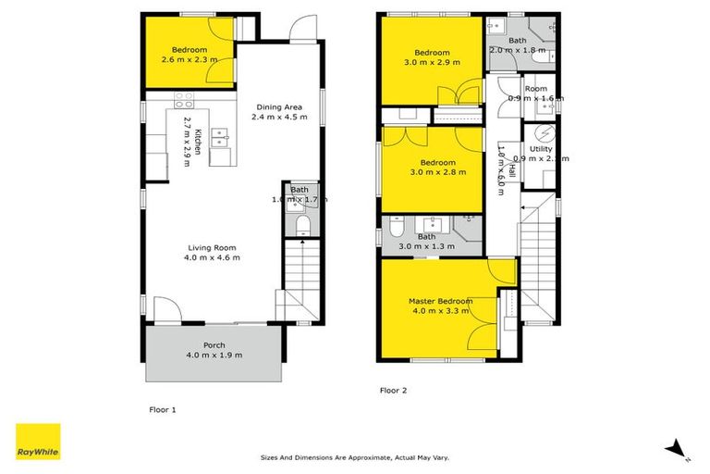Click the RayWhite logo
pyautogui.click(x=38, y=441)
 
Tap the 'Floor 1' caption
pyautogui.click(x=162, y=408)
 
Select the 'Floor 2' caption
pyautogui.click(x=393, y=391)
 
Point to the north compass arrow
pyautogui.click(x=678, y=448)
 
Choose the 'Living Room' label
pyautogui.click(x=214, y=247)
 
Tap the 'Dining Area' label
pyautogui.click(x=279, y=106)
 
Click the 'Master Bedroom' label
pyautogui.click(x=441, y=301)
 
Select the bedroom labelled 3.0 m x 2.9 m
pyautogui.click(x=432, y=52)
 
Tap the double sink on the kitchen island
pyautogui.click(x=219, y=138)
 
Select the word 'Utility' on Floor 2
pyautogui.click(x=541, y=149)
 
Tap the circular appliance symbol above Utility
pyautogui.click(x=545, y=129)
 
